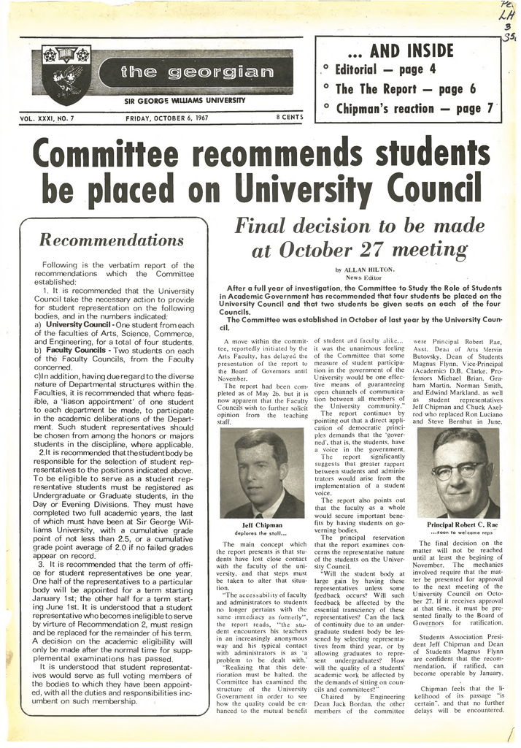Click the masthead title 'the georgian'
(x=188, y=73)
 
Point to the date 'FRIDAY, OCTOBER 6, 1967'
(x=166, y=118)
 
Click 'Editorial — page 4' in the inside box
(x=385, y=70)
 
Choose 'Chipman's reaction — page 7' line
(x=414, y=109)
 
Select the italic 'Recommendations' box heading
(x=111, y=240)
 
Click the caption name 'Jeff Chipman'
(x=261, y=524)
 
